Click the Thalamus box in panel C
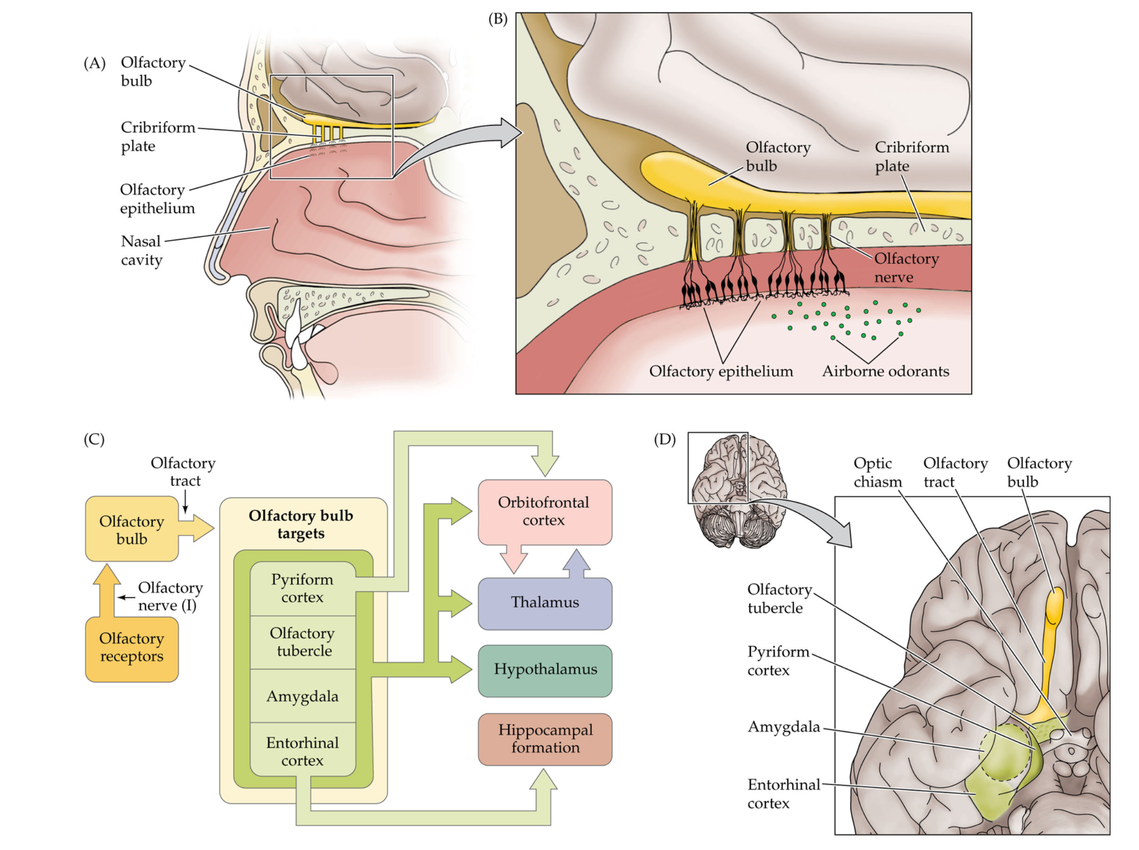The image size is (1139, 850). tap(544, 603)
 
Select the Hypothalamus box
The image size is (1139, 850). tap(544, 671)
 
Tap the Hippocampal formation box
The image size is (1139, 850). tap(544, 739)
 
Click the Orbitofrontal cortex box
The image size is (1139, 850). tap(544, 512)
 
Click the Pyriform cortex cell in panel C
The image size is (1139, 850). tap(302, 588)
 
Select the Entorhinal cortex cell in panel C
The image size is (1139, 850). tap(302, 751)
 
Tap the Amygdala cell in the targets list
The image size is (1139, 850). tap(302, 695)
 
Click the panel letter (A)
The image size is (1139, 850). tap(95, 63)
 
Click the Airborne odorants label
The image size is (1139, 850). tap(885, 371)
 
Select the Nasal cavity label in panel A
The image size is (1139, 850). tap(141, 251)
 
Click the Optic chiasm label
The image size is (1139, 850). tap(878, 473)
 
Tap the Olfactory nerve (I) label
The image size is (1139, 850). tap(170, 596)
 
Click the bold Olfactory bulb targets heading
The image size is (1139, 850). tap(301, 524)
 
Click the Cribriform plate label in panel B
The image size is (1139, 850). tap(912, 157)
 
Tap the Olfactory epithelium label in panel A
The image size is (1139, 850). tap(158, 198)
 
